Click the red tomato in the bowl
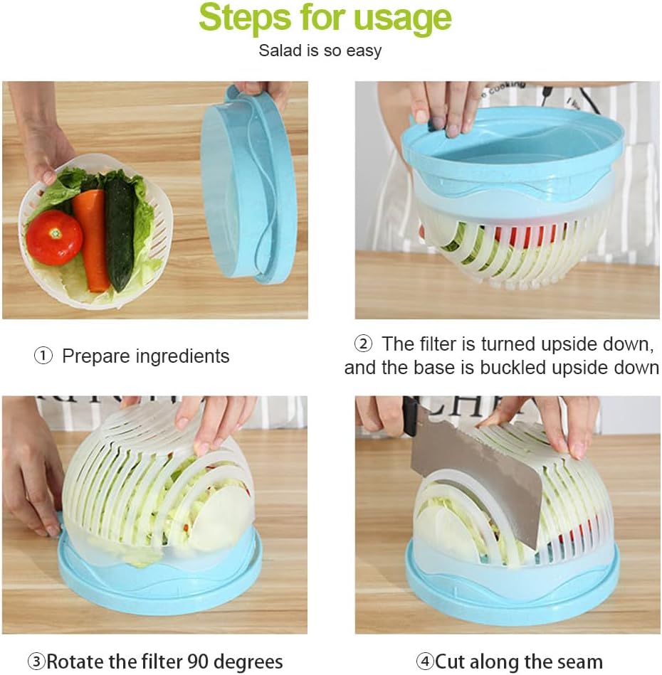54,238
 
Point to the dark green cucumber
120,233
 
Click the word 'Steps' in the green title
245,17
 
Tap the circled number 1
43,356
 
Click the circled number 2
363,344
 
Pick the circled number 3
36,661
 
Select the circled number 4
426,661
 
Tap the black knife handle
411,416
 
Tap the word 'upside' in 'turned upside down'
569,345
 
